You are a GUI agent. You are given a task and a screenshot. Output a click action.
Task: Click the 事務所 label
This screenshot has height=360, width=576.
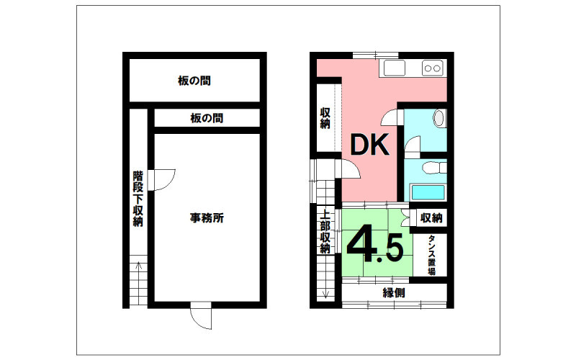pyautogui.click(x=207, y=218)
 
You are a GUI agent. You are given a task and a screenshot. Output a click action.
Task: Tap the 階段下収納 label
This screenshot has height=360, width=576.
pyautogui.click(x=138, y=199)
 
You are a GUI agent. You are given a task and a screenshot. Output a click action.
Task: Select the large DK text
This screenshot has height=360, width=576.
pyautogui.click(x=369, y=145)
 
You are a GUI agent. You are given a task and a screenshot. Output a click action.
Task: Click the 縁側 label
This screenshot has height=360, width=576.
pyautogui.click(x=394, y=293)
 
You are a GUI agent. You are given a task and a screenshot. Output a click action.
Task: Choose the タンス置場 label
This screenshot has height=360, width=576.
pyautogui.click(x=431, y=255)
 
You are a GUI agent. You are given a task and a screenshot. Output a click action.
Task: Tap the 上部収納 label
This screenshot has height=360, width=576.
pyautogui.click(x=325, y=231)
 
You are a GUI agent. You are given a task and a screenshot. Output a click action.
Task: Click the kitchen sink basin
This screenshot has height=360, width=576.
pyautogui.click(x=395, y=68)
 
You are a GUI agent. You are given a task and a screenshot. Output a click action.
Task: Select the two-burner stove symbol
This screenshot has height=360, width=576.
pyautogui.click(x=433, y=68)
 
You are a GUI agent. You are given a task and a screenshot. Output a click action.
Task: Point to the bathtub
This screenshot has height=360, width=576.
pyautogui.click(x=428, y=192)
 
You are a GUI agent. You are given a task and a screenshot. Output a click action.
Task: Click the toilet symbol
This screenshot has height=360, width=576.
pyautogui.click(x=434, y=168)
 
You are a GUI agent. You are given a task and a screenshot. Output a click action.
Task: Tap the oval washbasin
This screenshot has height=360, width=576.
pyautogui.click(x=438, y=118)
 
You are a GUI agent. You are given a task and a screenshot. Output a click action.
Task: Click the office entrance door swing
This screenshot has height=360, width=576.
pyautogui.click(x=202, y=316)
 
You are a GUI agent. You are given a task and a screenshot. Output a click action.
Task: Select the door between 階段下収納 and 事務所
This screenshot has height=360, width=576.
pyautogui.click(x=161, y=180)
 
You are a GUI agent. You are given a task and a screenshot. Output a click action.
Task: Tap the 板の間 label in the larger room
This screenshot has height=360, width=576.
pyautogui.click(x=194, y=81)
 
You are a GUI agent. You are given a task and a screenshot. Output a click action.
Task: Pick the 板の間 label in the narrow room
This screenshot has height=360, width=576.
pyautogui.click(x=207, y=118)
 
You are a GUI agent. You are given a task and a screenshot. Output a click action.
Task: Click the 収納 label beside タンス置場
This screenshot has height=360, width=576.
pyautogui.click(x=431, y=218)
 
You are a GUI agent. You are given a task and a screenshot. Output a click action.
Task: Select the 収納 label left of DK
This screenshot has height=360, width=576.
pyautogui.click(x=325, y=118)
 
